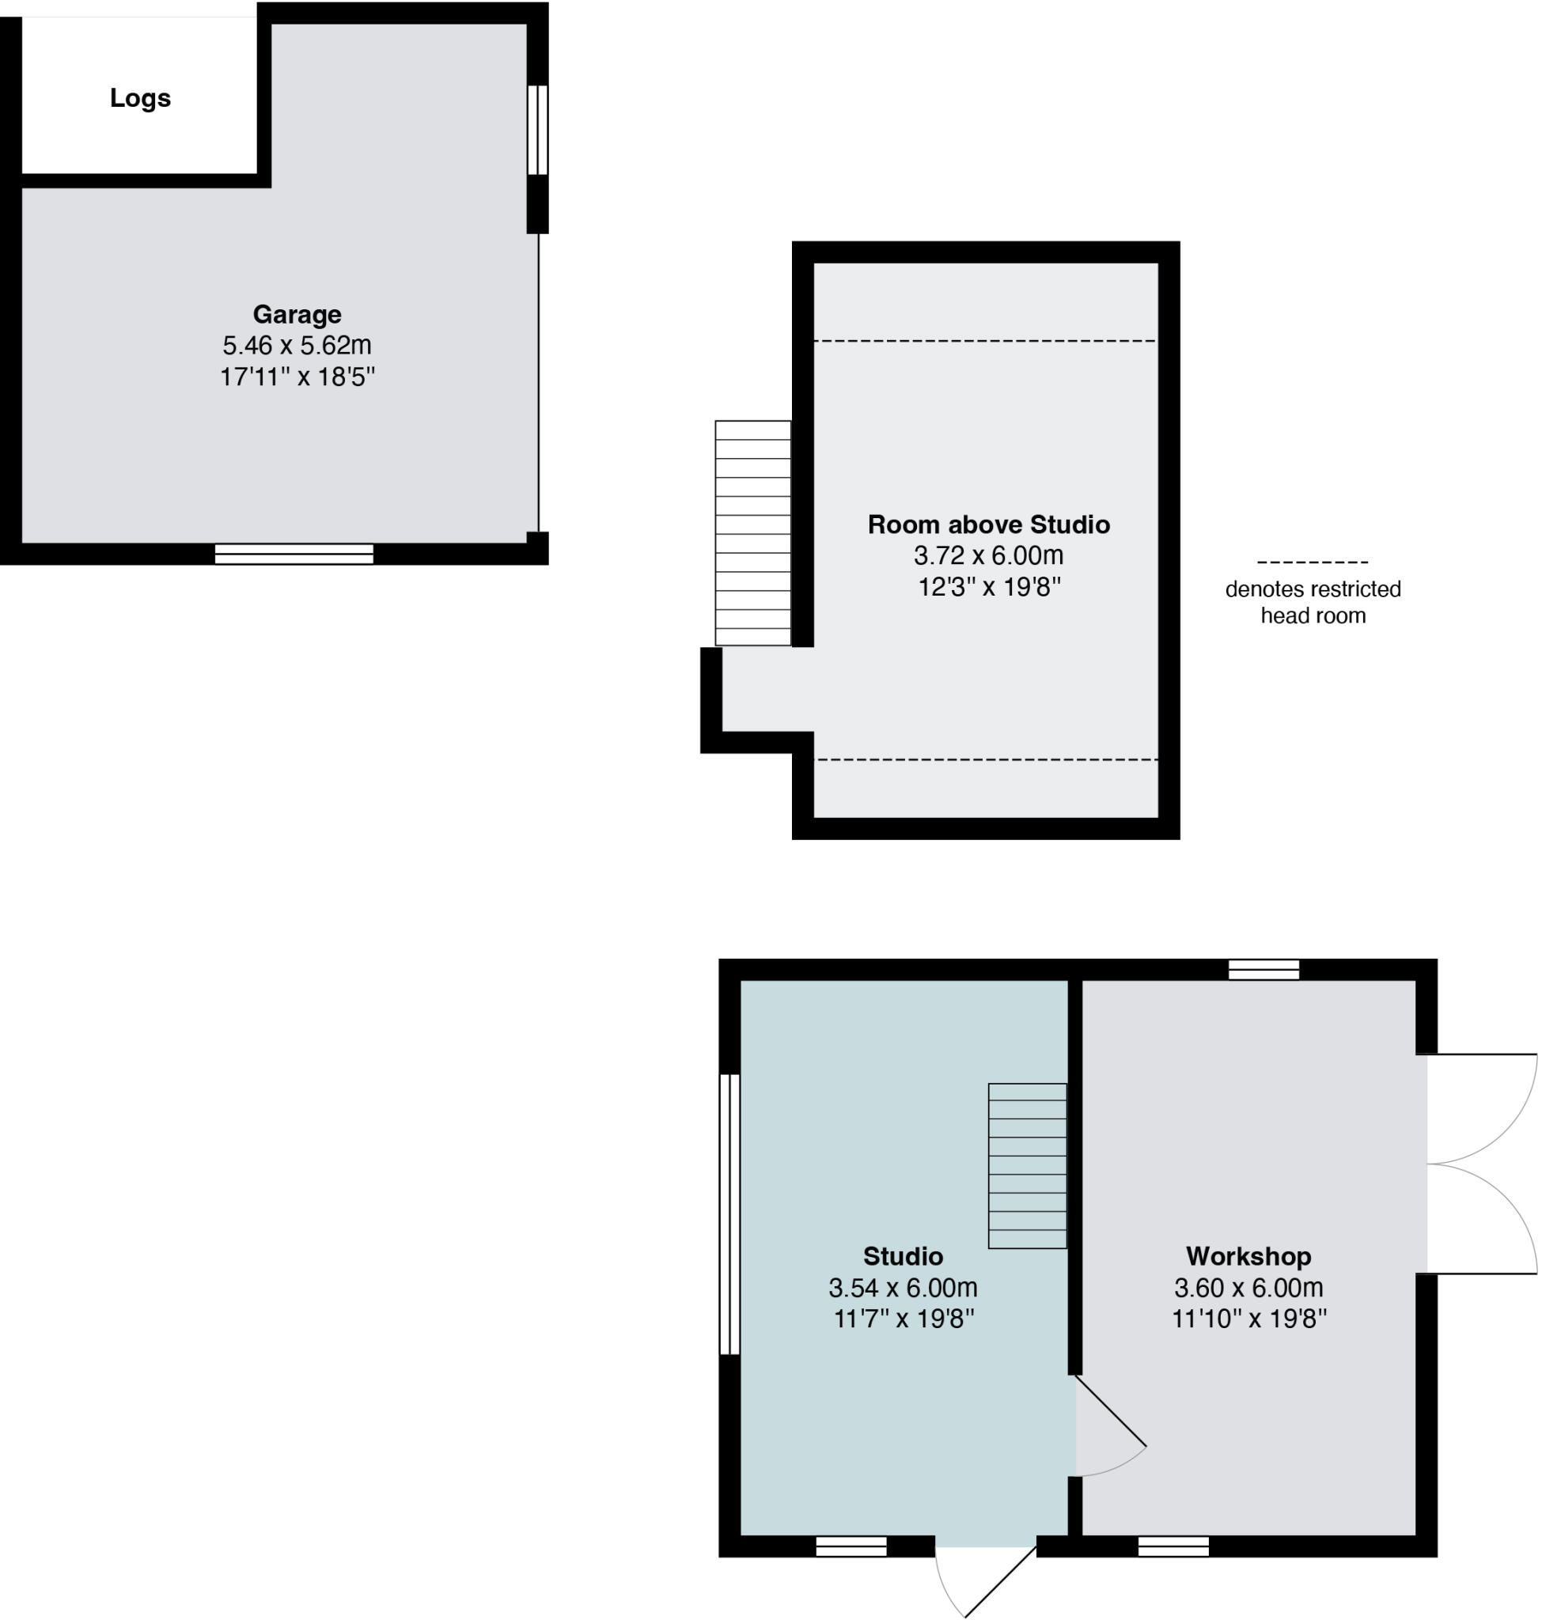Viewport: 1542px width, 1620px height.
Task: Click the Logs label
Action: click(140, 98)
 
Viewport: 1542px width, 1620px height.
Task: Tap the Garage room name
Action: click(297, 314)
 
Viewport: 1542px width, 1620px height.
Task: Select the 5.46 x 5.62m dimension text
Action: click(297, 345)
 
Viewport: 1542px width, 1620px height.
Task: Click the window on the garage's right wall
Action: click(536, 129)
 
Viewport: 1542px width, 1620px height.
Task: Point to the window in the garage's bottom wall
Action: click(294, 554)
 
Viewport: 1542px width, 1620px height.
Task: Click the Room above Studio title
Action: click(988, 524)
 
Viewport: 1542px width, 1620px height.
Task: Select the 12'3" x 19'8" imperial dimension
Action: click(988, 587)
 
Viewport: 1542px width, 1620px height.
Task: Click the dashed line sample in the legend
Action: click(1312, 562)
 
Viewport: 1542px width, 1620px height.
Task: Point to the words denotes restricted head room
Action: click(1312, 602)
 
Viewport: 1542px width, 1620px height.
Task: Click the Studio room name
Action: click(903, 1256)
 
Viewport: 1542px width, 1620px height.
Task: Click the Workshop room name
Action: click(1248, 1256)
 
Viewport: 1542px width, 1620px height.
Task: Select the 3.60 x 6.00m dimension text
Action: click(1248, 1287)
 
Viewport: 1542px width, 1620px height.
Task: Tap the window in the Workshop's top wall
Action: click(1264, 970)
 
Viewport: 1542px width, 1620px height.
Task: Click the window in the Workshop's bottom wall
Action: click(1173, 1547)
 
